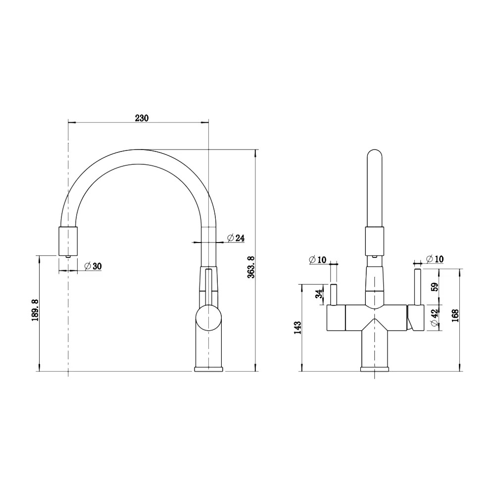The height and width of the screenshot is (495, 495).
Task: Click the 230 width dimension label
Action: (x=142, y=118)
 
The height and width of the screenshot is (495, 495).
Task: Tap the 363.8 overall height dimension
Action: (x=251, y=267)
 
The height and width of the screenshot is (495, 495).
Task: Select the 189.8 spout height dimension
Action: (x=35, y=310)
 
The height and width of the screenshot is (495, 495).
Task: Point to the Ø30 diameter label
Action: (x=93, y=266)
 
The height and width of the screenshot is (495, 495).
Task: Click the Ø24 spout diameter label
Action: (x=236, y=238)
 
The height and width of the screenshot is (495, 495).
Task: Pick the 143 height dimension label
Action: (x=297, y=328)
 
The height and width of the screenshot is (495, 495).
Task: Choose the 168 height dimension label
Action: (x=455, y=316)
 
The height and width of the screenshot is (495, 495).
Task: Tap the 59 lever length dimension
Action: (x=435, y=287)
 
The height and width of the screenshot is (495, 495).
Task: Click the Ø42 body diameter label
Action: (x=435, y=318)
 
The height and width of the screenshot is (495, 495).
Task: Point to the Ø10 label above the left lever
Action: (x=317, y=260)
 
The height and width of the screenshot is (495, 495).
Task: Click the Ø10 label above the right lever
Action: (x=435, y=259)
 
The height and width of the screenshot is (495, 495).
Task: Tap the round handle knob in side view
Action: (x=209, y=318)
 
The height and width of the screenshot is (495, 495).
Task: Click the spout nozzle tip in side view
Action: (x=68, y=256)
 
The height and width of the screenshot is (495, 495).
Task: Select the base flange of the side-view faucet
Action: (x=209, y=369)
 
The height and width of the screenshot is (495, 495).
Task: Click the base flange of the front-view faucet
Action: (x=375, y=369)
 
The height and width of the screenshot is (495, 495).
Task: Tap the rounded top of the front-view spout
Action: (x=375, y=154)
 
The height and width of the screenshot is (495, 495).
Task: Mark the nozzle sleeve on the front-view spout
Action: (x=375, y=241)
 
